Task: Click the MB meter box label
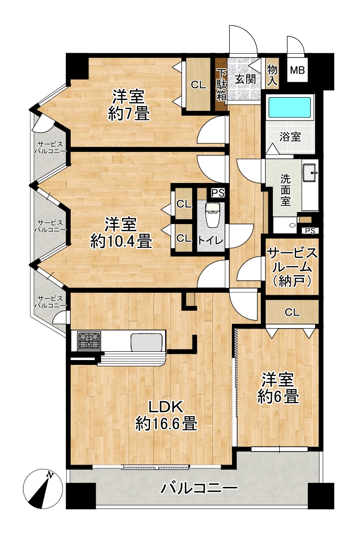click(x=297, y=70)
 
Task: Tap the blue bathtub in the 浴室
click(x=289, y=108)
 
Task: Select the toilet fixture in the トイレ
click(x=211, y=215)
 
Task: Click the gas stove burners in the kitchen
click(x=90, y=340)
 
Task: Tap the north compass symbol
click(x=42, y=489)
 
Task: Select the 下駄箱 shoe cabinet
click(x=221, y=85)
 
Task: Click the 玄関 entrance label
click(x=245, y=79)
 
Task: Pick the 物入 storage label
click(x=272, y=75)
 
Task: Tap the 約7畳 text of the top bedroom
click(x=129, y=113)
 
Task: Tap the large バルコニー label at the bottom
click(x=199, y=489)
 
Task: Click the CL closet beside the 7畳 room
click(x=198, y=85)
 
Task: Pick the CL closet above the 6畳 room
click(x=292, y=312)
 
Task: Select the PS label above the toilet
click(x=218, y=193)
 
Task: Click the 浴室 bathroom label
click(x=290, y=137)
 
